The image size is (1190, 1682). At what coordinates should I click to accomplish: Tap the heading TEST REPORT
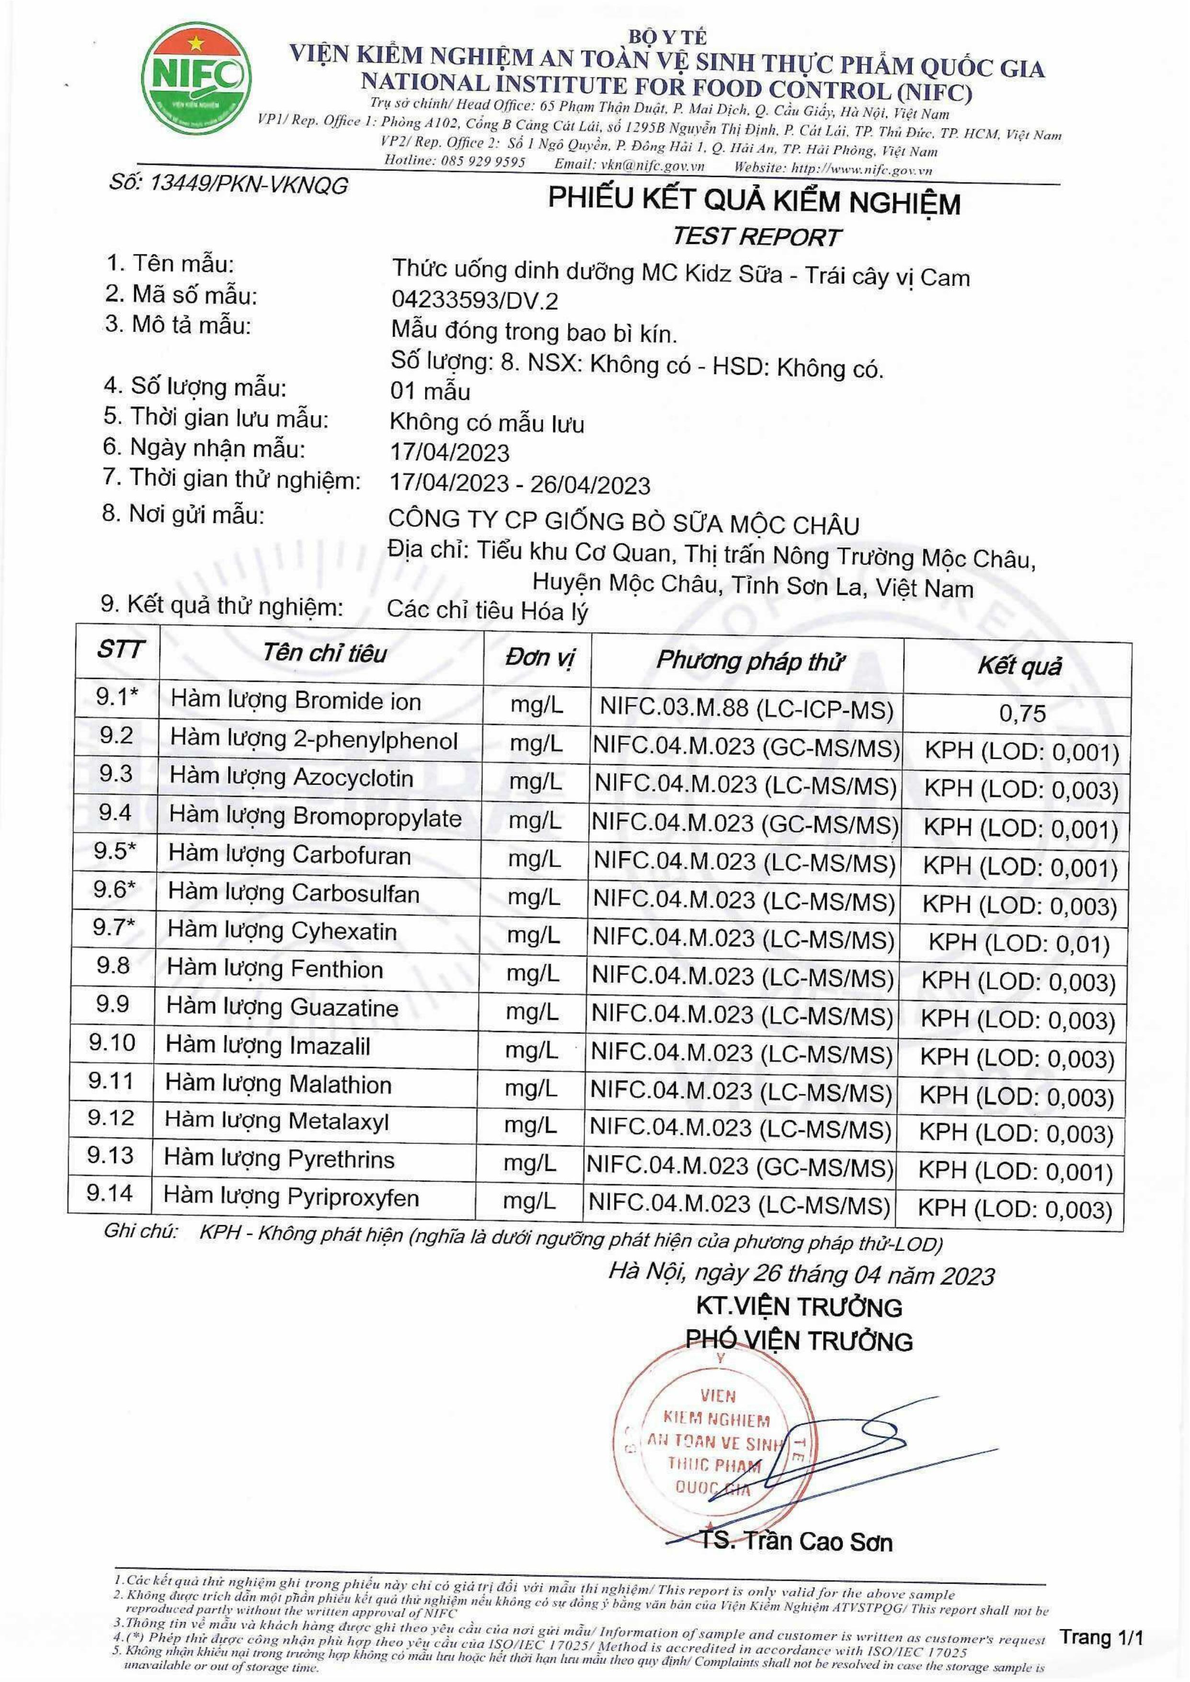click(756, 237)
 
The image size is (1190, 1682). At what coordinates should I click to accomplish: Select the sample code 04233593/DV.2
click(474, 301)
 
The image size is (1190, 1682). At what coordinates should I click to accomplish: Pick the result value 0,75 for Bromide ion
click(1022, 713)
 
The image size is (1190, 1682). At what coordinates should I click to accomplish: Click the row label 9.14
click(110, 1193)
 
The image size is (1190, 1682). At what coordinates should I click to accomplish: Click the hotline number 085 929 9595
click(484, 162)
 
